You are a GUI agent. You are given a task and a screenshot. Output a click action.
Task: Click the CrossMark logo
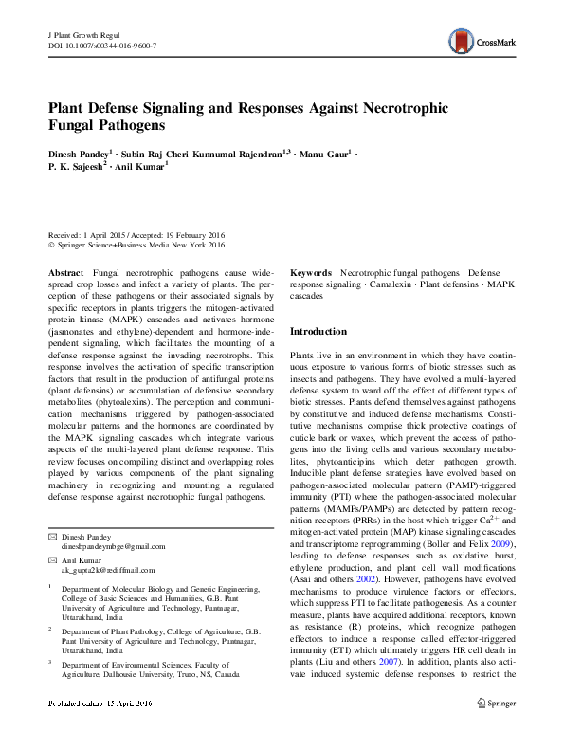point(481,40)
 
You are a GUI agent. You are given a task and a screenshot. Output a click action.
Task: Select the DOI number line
point(101,46)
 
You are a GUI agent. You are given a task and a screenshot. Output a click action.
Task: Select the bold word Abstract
point(64,272)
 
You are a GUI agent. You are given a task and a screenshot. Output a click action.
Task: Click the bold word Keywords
point(310,272)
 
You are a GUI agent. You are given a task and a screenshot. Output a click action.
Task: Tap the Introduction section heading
point(318,332)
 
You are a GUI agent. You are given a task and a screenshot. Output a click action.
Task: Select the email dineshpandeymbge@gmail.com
point(113,546)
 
